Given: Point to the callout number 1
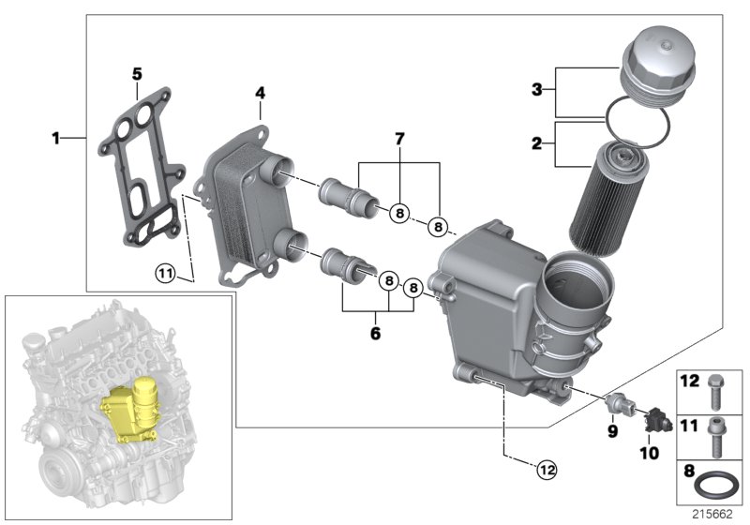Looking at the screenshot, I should tap(55, 139).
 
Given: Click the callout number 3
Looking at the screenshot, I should tap(536, 90).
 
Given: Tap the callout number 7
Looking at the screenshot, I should tap(399, 139).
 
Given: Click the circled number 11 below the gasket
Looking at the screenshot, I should tap(166, 274).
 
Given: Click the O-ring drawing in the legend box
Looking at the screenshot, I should tap(716, 487).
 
